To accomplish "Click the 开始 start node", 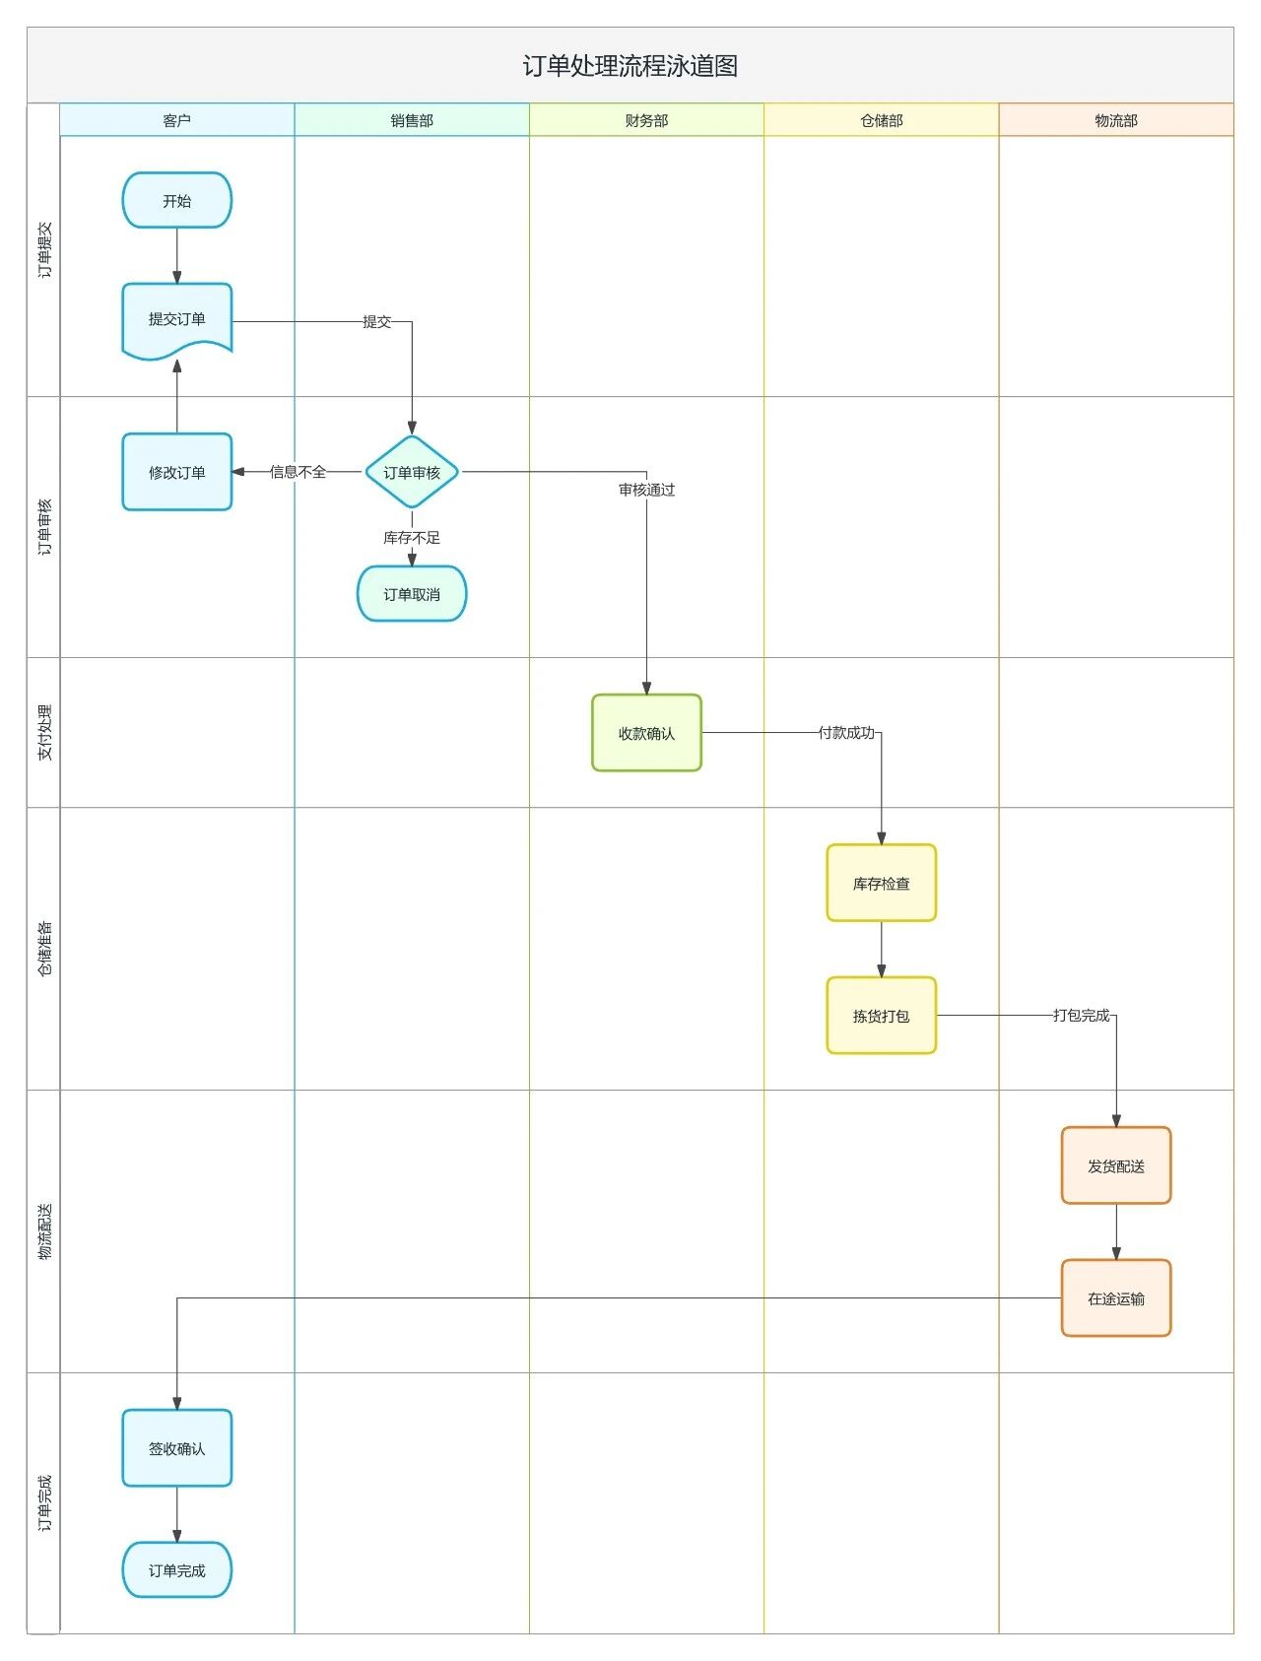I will tap(177, 201).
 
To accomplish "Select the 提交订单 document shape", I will tap(177, 319).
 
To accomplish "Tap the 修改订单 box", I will tap(177, 472).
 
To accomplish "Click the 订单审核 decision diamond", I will tap(412, 472).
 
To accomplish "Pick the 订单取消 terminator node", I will tap(412, 594).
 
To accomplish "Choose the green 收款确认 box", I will tap(646, 733).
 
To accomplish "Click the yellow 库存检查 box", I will tap(881, 884).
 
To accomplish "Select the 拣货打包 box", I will tap(881, 1016).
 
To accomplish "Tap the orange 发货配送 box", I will tap(1115, 1165).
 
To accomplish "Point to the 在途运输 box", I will tap(1115, 1298).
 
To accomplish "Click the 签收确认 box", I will tap(177, 1448).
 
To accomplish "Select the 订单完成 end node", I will tap(177, 1570).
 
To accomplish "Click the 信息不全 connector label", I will tap(298, 472).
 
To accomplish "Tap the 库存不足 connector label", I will tap(412, 538).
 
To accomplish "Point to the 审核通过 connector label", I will tap(646, 490).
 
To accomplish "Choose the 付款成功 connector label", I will tap(846, 733).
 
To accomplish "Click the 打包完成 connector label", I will tap(1081, 1016).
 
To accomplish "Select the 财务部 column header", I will tap(646, 120).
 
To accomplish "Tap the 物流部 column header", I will tap(1115, 120).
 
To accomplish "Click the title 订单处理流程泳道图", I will tap(630, 66).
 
